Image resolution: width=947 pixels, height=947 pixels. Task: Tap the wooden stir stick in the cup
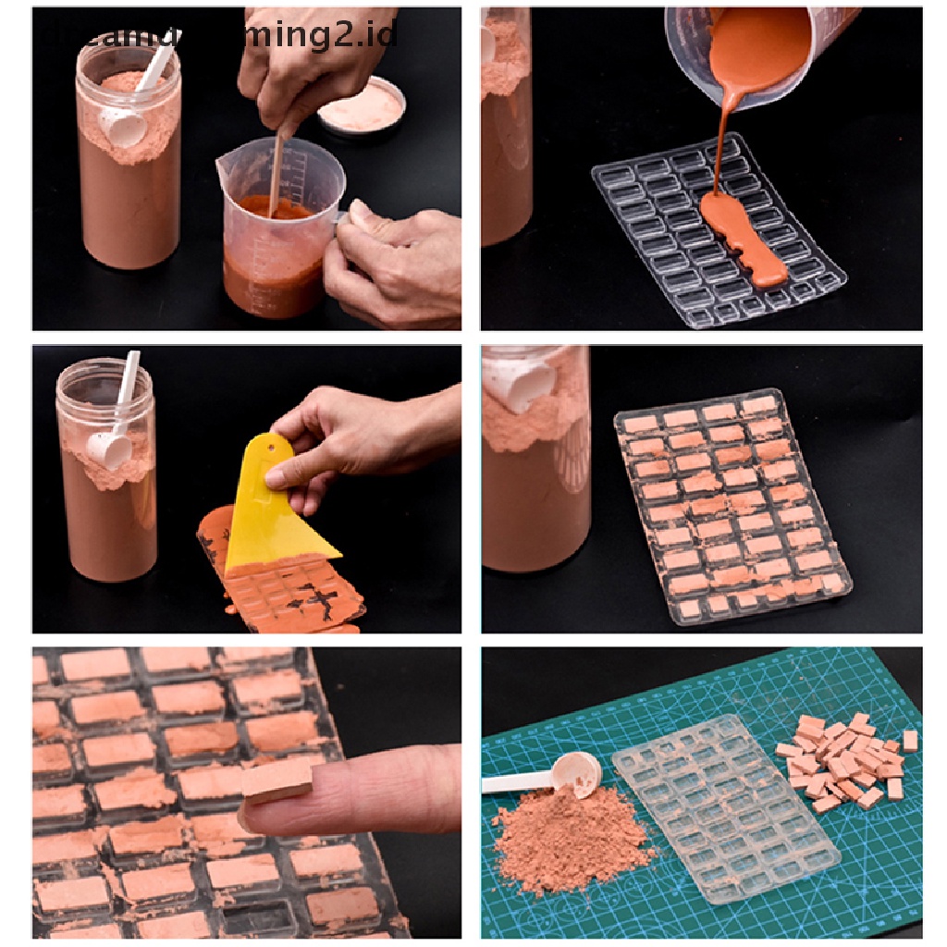pos(275,176)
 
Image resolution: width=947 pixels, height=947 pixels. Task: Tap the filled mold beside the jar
pos(731,504)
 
